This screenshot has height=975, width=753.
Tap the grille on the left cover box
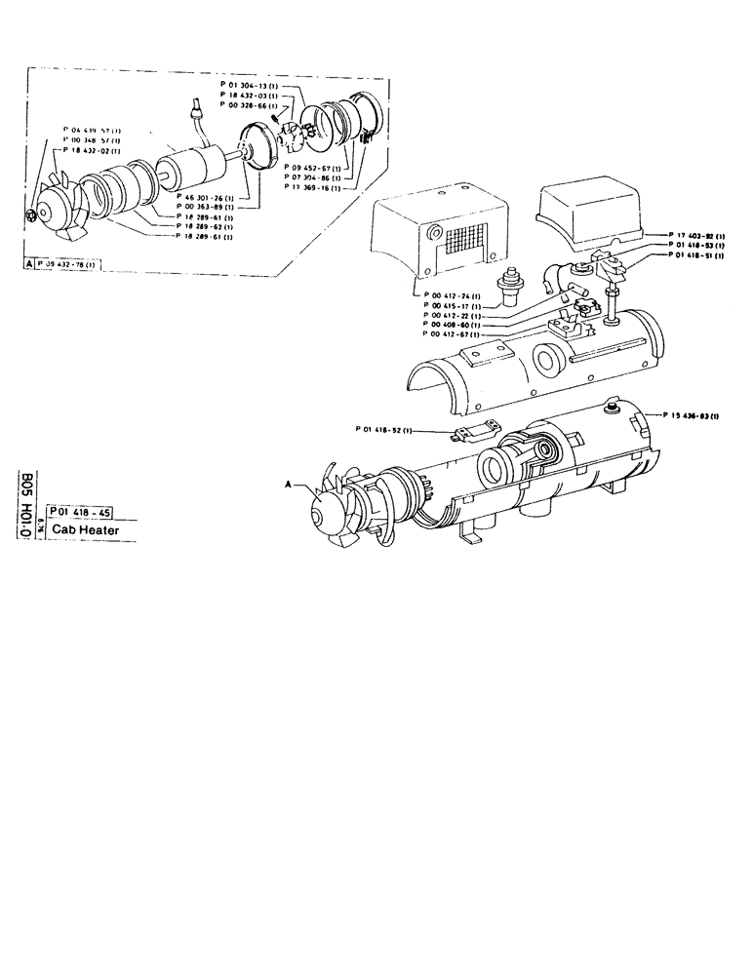464,243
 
